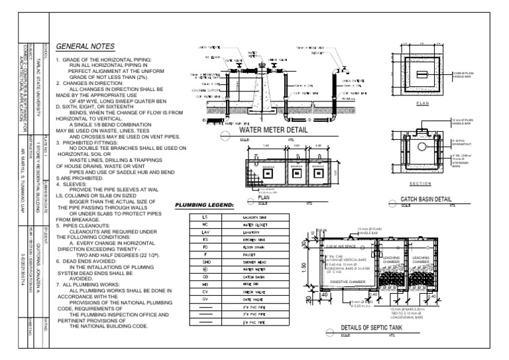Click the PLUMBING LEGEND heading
[205, 206]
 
